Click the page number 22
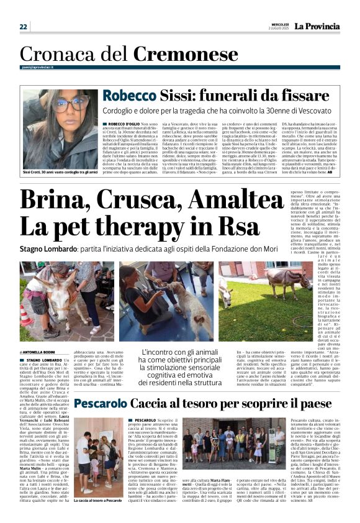(24, 27)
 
